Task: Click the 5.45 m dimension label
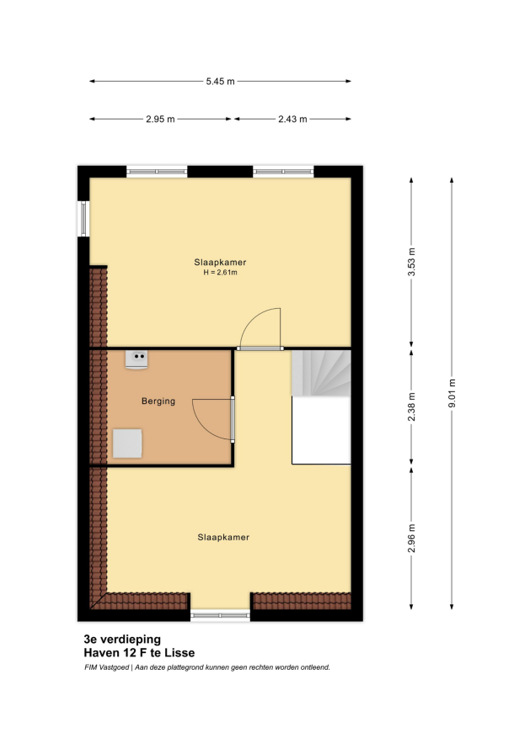click(221, 81)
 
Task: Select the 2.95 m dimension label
click(160, 119)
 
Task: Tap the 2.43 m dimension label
click(292, 119)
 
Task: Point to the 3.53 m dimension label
click(411, 262)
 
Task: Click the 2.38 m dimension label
click(411, 406)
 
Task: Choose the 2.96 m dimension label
click(411, 538)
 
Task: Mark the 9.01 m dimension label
click(452, 393)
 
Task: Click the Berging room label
click(158, 401)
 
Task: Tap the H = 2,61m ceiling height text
click(221, 273)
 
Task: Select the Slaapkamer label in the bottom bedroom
click(223, 538)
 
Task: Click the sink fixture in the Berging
click(137, 359)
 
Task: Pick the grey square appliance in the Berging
click(127, 444)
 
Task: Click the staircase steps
click(321, 373)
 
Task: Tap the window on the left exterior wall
click(83, 219)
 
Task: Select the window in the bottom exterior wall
click(220, 616)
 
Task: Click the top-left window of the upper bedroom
click(157, 172)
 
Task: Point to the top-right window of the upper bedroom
click(283, 172)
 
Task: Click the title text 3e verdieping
click(122, 639)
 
